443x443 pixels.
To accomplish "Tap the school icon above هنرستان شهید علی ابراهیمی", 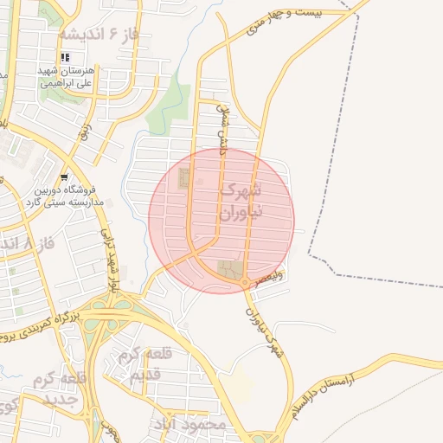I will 65,58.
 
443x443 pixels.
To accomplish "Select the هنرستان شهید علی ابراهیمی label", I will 71,78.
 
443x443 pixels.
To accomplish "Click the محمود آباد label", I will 189,425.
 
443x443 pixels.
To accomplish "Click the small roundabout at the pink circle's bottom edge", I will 247,283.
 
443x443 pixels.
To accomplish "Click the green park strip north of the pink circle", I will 170,107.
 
